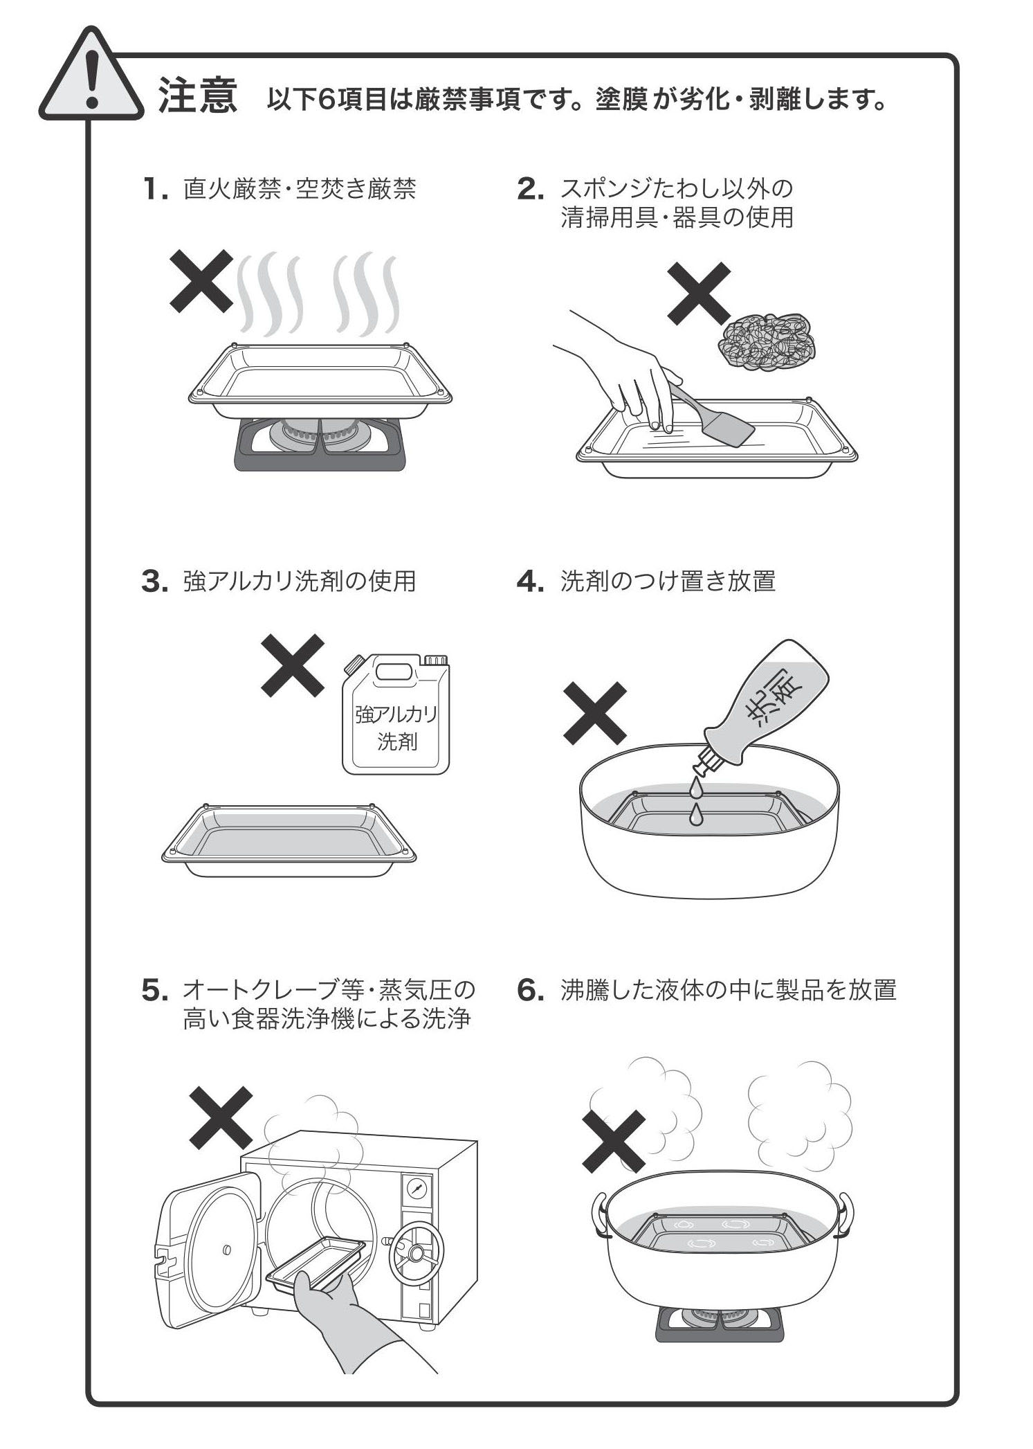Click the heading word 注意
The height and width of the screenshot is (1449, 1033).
click(x=198, y=95)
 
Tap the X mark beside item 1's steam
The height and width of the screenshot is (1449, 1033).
click(x=201, y=282)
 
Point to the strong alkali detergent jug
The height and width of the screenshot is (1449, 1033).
click(x=396, y=714)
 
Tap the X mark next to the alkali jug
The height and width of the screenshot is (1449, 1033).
click(x=293, y=665)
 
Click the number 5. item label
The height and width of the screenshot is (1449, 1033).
click(x=156, y=991)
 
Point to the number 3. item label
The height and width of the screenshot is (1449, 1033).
click(x=155, y=582)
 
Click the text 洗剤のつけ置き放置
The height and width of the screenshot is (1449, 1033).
click(x=668, y=581)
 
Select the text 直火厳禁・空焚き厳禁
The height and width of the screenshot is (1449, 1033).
click(x=300, y=188)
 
